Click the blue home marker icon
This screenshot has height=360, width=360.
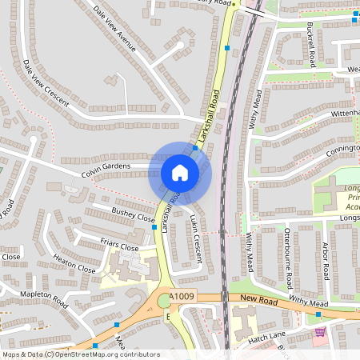(x=180, y=173)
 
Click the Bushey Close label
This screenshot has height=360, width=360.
(x=134, y=216)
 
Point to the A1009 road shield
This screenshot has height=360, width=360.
(x=184, y=298)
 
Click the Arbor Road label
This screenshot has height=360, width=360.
(x=326, y=258)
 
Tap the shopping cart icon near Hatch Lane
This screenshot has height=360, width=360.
(x=320, y=332)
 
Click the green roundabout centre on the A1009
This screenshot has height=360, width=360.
(x=164, y=300)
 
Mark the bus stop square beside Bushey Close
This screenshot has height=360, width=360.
(x=154, y=227)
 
